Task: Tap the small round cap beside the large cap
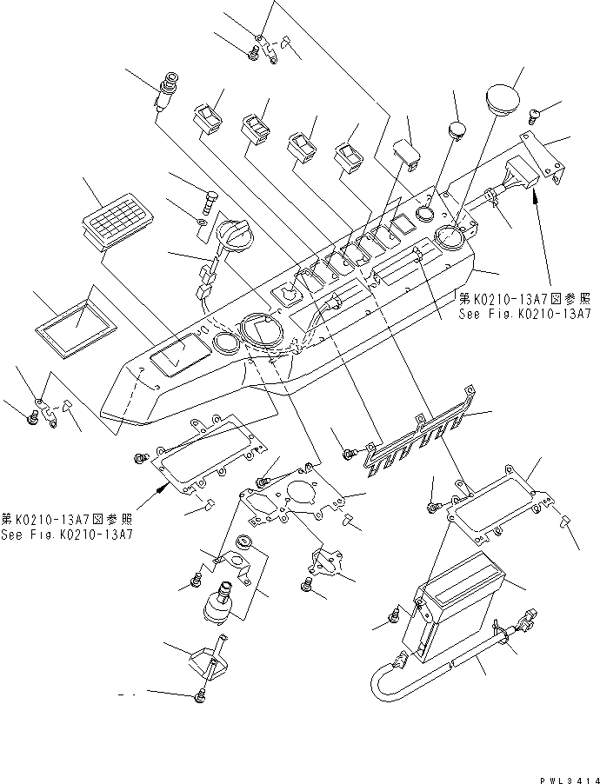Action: click(457, 130)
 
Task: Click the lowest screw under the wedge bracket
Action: click(201, 696)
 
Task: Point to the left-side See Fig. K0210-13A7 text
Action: click(68, 534)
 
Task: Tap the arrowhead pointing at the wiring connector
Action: click(537, 203)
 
